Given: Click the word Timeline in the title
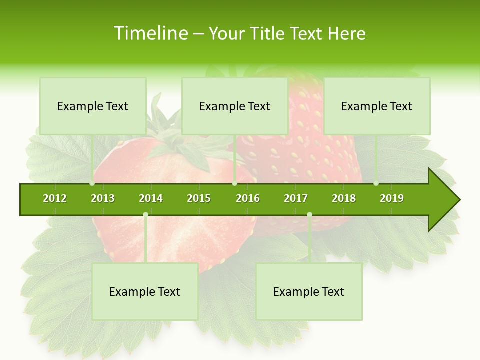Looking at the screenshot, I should [150, 33].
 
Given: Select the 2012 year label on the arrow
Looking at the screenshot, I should [55, 198].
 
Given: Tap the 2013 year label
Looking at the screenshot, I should [103, 198].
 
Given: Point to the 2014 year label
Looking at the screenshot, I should [151, 198].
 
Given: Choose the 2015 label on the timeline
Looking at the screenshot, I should [199, 198].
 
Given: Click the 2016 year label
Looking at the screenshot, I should [248, 198].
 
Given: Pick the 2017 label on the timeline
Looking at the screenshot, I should [296, 198].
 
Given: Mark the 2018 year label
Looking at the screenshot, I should [344, 198].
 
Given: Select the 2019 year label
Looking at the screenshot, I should [392, 198].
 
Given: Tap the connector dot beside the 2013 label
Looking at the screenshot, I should [92, 183].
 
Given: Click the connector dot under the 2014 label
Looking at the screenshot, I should [145, 215].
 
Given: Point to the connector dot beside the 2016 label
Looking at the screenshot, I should [234, 183].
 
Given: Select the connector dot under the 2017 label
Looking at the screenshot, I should [309, 215].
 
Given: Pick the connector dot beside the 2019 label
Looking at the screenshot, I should [376, 183].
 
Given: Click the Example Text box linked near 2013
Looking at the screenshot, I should [93, 106].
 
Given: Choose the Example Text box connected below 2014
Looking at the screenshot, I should [145, 291].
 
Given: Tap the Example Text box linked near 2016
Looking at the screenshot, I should [235, 106].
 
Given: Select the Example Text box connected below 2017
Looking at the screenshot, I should [309, 291].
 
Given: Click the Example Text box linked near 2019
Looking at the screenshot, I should [377, 106].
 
